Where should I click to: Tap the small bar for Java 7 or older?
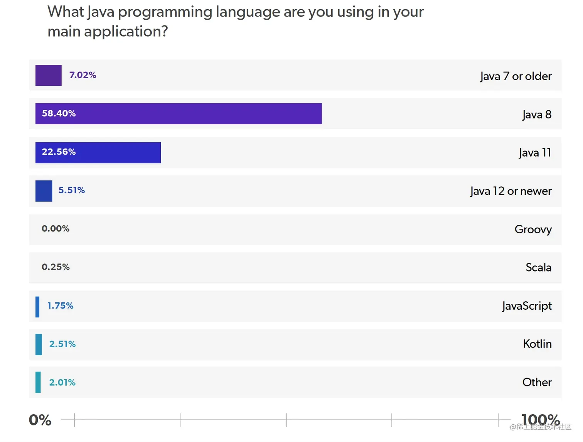coord(49,75)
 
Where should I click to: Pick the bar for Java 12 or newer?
coord(44,191)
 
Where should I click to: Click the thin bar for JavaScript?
coord(37,307)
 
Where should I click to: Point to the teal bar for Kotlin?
coord(39,344)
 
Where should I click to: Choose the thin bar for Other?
coord(38,382)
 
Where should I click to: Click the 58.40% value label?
coord(59,113)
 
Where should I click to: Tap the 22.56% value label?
coord(59,152)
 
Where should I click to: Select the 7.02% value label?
coord(83,75)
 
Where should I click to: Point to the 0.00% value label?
coord(56,229)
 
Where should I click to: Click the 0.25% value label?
coord(56,267)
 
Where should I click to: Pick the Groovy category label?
coord(533,229)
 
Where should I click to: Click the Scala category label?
coord(538,267)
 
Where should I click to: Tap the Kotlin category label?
coord(537,344)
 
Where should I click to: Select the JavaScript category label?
coord(527,306)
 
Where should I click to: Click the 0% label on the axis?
coord(40,420)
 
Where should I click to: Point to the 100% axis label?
coord(540,419)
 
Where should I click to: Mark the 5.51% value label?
coord(71,190)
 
